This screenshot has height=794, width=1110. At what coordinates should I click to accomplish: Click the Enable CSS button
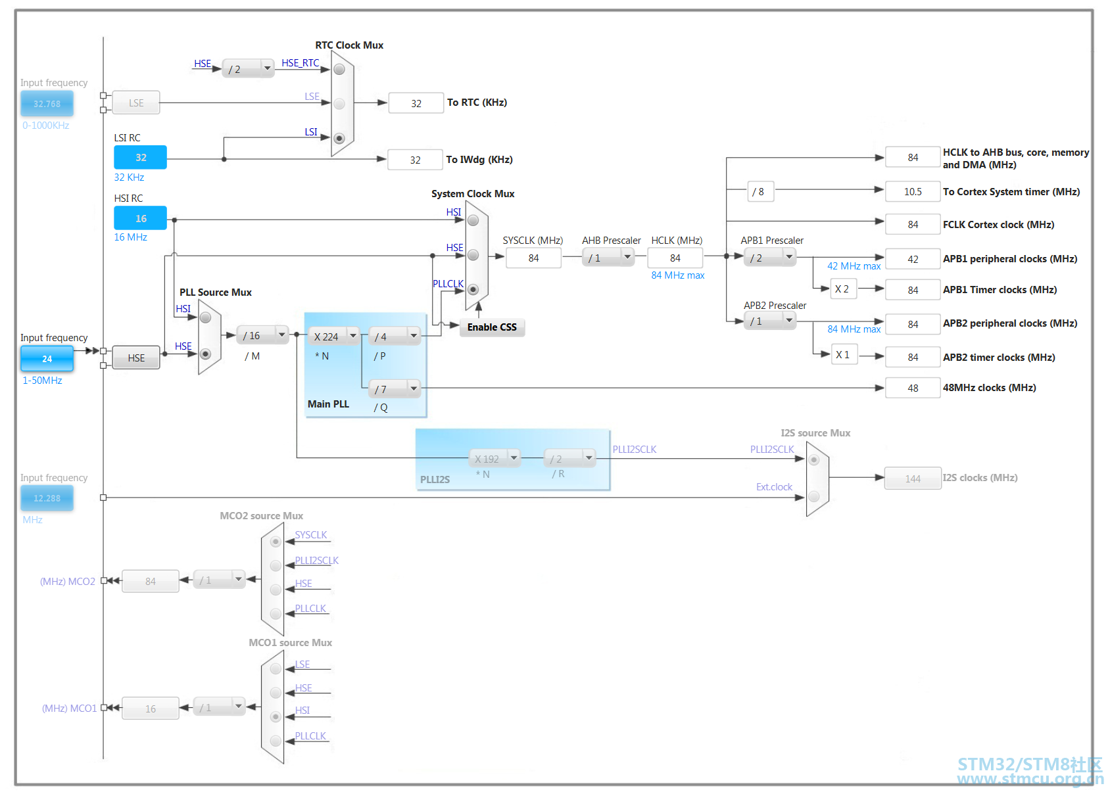pyautogui.click(x=492, y=327)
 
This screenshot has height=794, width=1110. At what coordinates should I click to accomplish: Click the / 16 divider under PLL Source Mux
pyautogui.click(x=262, y=335)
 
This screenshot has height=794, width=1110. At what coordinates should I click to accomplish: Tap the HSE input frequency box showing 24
pyautogui.click(x=47, y=359)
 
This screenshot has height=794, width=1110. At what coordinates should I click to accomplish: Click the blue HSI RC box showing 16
pyautogui.click(x=140, y=218)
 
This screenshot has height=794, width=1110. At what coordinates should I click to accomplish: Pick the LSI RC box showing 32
pyautogui.click(x=140, y=158)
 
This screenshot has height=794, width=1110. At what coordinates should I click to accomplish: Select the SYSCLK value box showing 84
pyautogui.click(x=533, y=258)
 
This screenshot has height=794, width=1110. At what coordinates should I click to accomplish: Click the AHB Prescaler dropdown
pyautogui.click(x=608, y=258)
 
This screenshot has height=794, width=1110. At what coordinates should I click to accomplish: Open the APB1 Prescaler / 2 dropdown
pyautogui.click(x=769, y=258)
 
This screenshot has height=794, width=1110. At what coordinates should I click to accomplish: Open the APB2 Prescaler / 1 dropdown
pyautogui.click(x=769, y=321)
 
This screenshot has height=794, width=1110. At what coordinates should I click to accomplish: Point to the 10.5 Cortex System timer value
pyautogui.click(x=912, y=192)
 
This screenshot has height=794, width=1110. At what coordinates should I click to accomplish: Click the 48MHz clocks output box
pyautogui.click(x=912, y=388)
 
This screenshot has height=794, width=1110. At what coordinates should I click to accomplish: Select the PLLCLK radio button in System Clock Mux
pyautogui.click(x=473, y=290)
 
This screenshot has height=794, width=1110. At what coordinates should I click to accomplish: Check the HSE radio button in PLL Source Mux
pyautogui.click(x=205, y=354)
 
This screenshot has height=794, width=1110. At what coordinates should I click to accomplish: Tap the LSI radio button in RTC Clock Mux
pyautogui.click(x=339, y=138)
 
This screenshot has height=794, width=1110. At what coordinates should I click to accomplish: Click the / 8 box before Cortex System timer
pyautogui.click(x=760, y=192)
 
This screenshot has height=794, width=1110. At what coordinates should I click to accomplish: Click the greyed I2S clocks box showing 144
pyautogui.click(x=912, y=479)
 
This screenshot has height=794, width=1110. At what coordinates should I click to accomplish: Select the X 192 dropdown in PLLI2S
pyautogui.click(x=494, y=459)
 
